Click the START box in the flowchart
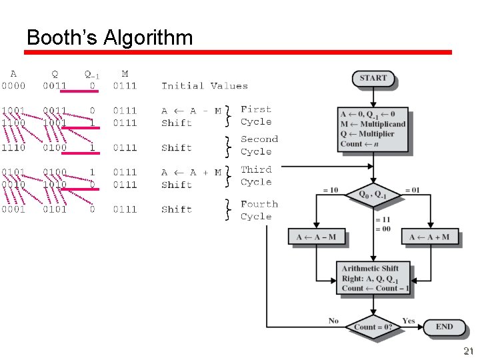pos(373,79)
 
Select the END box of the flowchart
pos(444,327)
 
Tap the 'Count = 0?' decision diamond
pos(373,327)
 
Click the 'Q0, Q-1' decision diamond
pos(373,195)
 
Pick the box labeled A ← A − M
pos(316,237)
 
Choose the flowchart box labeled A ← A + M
pos(429,237)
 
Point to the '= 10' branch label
pos(330,191)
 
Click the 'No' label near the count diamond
pos(333,321)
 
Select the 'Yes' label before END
pos(409,321)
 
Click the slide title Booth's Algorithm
pos(109,37)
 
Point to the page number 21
pos(468,351)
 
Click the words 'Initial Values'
pos(205,86)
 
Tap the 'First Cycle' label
pos(256,115)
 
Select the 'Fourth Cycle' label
pos(259,210)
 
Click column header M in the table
pos(125,73)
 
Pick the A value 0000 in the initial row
pos(14,86)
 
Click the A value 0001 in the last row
pos(14,209)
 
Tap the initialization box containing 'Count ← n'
pos(373,129)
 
